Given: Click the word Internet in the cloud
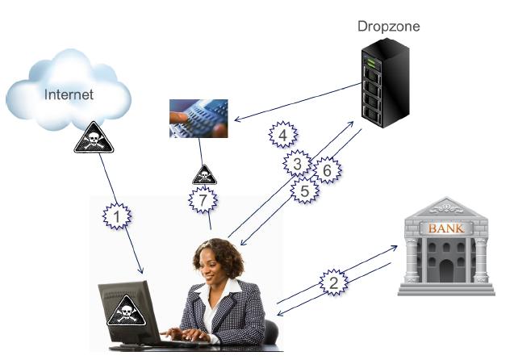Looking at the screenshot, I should pos(69,94).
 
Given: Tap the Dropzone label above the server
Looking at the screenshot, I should pos(389,27).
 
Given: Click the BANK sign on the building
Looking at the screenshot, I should pos(445,228).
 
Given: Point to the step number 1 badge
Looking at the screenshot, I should pos(119,216).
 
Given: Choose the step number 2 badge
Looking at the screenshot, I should pos(333,283).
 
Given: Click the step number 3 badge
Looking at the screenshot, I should pos(297,165).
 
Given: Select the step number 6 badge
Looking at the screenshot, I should pos(327,170).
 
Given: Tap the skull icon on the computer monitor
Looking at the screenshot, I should pos(126,309).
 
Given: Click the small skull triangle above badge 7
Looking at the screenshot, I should pos(202,174).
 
